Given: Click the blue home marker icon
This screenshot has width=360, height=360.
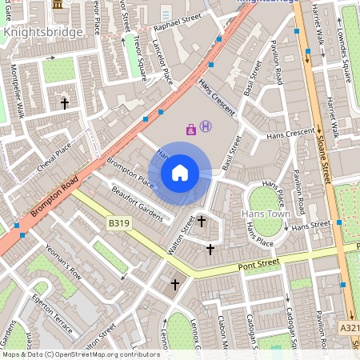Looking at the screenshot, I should click(180, 172).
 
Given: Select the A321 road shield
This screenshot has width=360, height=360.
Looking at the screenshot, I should click(349, 327).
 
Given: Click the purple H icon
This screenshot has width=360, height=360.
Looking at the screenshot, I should click(206, 126).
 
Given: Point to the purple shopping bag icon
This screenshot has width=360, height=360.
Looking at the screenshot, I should click(191, 128).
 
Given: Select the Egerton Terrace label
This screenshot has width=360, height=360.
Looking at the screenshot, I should click(52, 320).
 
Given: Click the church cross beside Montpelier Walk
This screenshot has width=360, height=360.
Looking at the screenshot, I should click(65, 103).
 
